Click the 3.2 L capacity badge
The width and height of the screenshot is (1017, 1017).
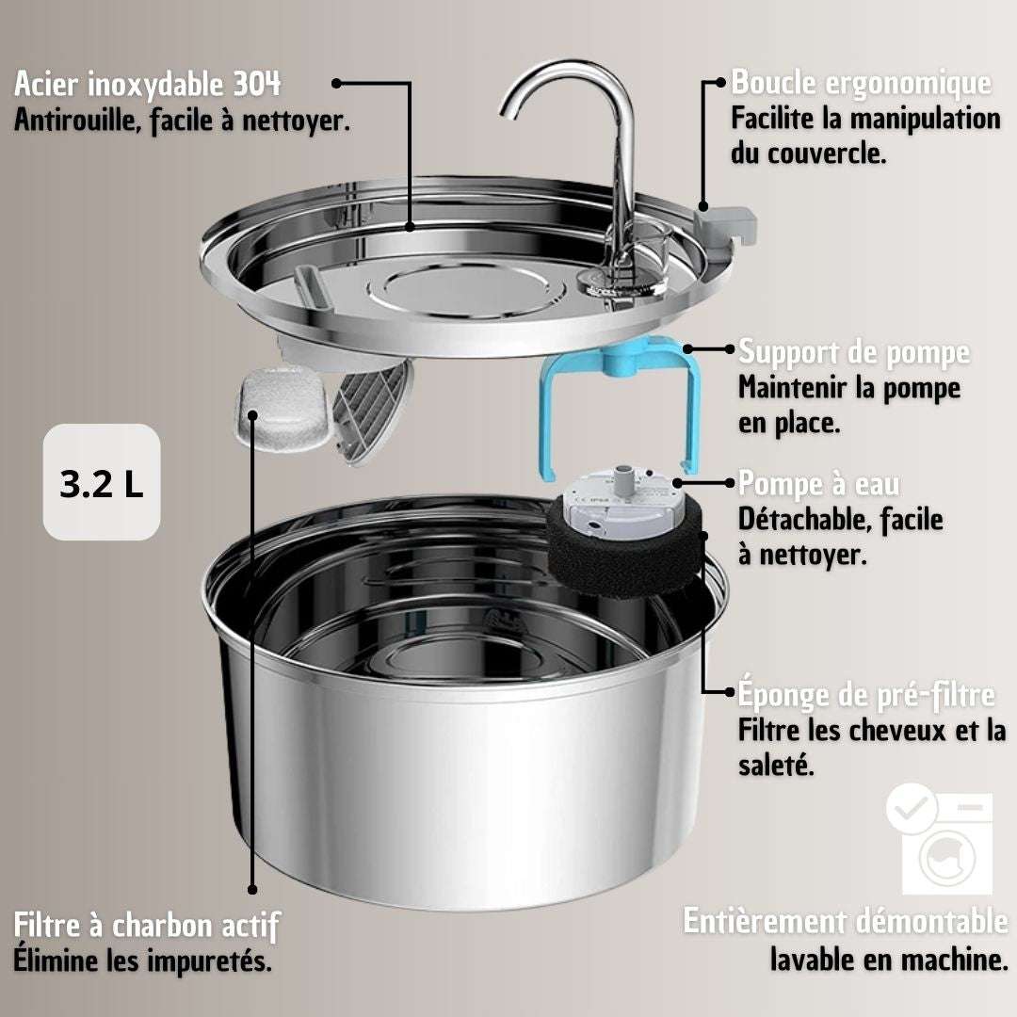coord(101,482)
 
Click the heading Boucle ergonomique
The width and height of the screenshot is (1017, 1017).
coord(862,82)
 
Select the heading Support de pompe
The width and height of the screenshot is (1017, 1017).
coord(854,352)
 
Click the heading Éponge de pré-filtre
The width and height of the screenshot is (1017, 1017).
coord(866,694)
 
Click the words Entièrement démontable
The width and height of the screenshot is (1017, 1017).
coord(845,921)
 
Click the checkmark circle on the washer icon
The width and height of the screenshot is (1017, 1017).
coord(912,808)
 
